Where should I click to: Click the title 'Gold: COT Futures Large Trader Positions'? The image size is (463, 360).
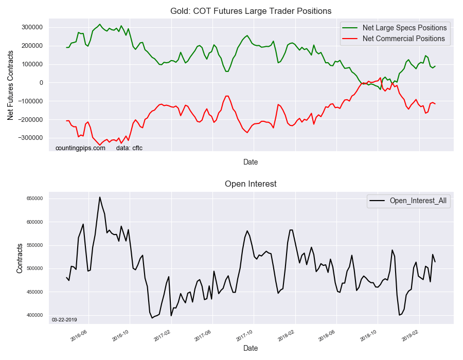click(x=251, y=11)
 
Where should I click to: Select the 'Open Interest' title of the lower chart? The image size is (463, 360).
click(x=251, y=184)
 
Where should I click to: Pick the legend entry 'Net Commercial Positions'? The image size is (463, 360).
click(x=403, y=39)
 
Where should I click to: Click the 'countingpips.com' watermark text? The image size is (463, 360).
click(x=80, y=148)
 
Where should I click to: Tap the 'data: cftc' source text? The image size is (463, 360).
click(x=129, y=148)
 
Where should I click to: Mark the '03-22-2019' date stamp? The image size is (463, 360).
click(x=64, y=320)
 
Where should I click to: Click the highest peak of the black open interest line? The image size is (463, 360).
click(x=100, y=197)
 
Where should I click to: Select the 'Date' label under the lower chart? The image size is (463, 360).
click(x=251, y=348)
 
